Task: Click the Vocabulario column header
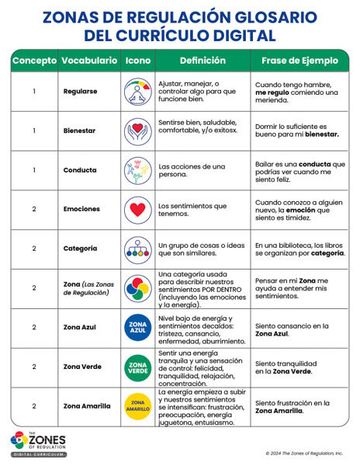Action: tap(90, 61)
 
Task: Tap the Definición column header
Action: tap(202, 61)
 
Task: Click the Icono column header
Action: tap(138, 61)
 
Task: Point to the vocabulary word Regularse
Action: tap(81, 92)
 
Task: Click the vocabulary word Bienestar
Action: tap(81, 130)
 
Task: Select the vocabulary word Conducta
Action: tap(80, 170)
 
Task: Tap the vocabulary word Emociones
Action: tap(81, 209)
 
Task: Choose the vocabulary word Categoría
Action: tap(81, 249)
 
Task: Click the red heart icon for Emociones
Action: tap(138, 209)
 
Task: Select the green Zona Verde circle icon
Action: tap(138, 367)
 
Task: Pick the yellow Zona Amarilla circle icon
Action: tap(138, 405)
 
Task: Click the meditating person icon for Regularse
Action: tap(138, 92)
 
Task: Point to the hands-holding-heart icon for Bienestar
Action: tap(138, 130)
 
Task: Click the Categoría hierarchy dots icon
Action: tap(138, 249)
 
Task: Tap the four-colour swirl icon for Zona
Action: tap(138, 288)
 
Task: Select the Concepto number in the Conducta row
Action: tap(34, 170)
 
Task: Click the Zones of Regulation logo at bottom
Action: tap(38, 443)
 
